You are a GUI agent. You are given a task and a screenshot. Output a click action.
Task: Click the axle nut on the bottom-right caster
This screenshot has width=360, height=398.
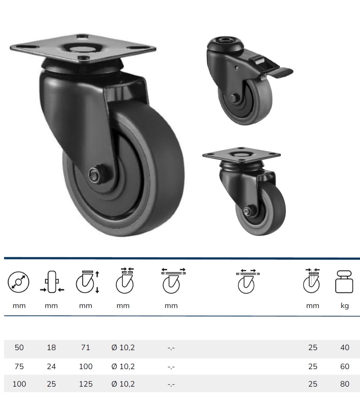click(x=247, y=212)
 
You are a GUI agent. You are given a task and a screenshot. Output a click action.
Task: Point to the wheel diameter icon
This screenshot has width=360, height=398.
click(x=19, y=282)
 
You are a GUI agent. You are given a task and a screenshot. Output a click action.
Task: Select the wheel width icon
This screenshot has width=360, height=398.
click(x=52, y=282)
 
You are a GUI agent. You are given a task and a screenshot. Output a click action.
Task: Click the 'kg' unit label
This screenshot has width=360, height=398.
click(x=345, y=306)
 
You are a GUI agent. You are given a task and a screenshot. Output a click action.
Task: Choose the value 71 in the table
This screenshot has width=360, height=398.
click(x=85, y=347)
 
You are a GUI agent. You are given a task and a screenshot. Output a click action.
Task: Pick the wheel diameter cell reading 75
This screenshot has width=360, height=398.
click(x=19, y=366)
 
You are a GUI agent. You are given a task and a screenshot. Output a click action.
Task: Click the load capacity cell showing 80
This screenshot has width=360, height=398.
click(x=345, y=384)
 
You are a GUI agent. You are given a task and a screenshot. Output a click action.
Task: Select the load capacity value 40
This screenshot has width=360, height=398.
click(x=345, y=347)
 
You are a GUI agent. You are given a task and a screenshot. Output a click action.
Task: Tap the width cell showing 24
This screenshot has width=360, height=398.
click(x=51, y=366)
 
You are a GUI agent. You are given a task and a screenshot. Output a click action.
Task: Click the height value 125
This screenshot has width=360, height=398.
click(x=86, y=384)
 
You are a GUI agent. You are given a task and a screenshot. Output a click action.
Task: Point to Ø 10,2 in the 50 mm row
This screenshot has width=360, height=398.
click(x=123, y=347)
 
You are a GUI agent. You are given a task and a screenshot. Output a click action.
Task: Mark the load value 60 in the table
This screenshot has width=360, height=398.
click(x=345, y=366)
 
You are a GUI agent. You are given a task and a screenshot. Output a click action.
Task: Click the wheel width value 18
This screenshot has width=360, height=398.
click(x=51, y=347)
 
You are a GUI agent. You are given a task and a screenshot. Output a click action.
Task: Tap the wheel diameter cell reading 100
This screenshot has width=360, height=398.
click(x=19, y=384)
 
